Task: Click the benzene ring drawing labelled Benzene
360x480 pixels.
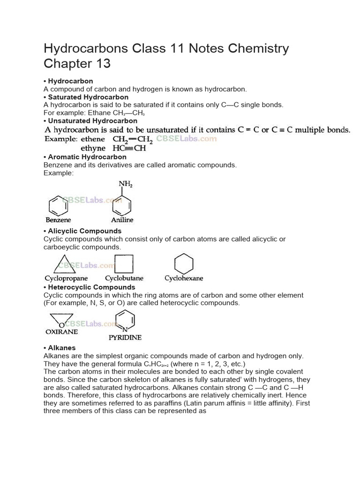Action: tap(58, 205)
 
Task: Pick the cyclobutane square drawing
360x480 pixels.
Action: tap(124, 263)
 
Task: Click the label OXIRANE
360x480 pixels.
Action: tap(61, 331)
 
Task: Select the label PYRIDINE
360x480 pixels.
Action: tap(125, 337)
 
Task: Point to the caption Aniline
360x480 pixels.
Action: tap(122, 219)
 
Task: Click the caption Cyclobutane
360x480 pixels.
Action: tap(124, 278)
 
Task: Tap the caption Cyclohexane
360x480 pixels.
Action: tap(184, 278)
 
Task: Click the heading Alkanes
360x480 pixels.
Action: tap(62, 348)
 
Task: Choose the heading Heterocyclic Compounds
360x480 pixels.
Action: tap(91, 287)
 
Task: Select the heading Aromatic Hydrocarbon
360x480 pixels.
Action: tap(87, 157)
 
